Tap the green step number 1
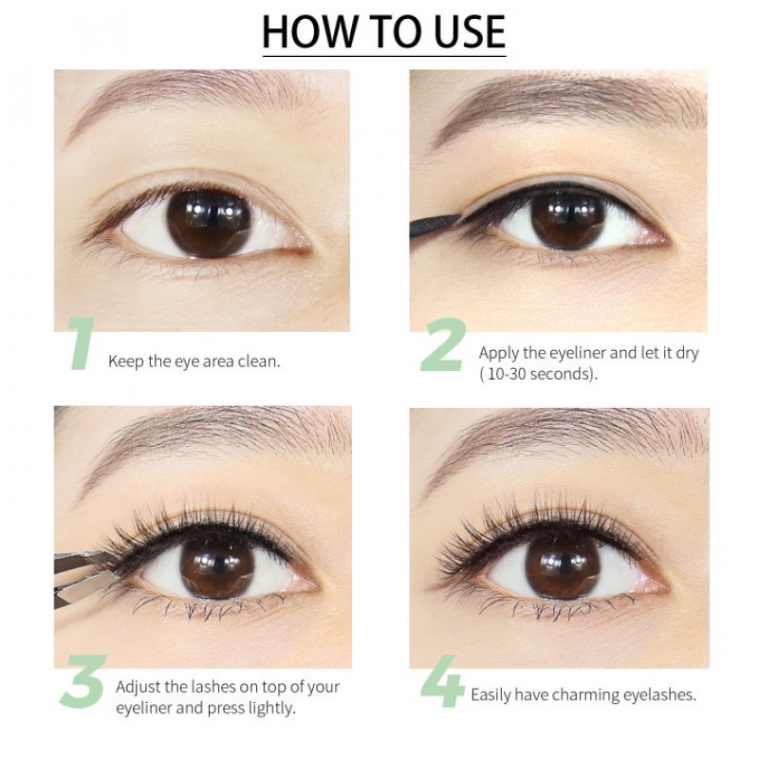[x=82, y=343]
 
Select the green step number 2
[x=443, y=344]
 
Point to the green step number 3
[x=83, y=680]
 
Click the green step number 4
[x=443, y=681]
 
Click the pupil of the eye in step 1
[x=208, y=224]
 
